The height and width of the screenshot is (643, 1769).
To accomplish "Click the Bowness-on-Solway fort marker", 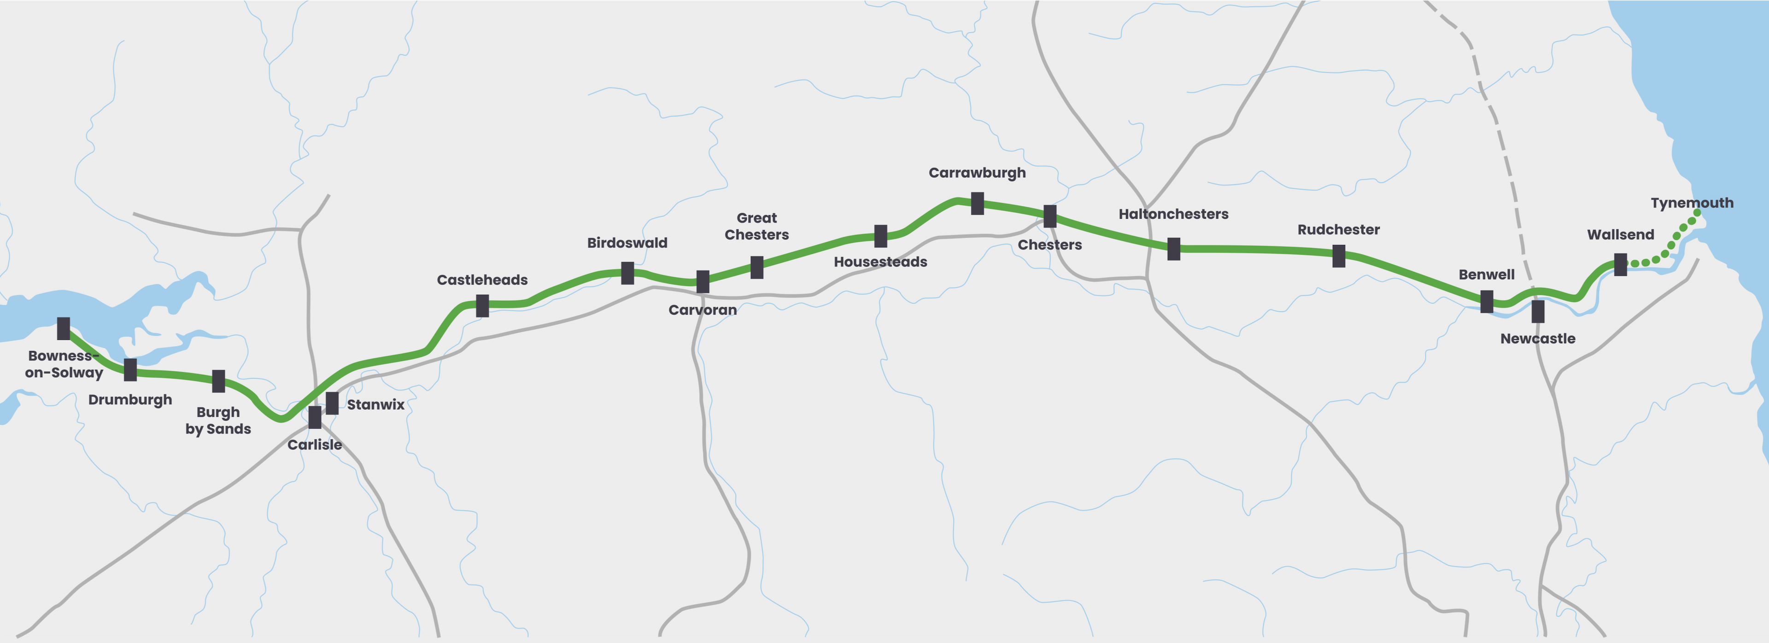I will [63, 328].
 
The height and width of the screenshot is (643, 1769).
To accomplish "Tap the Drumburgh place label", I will [130, 400].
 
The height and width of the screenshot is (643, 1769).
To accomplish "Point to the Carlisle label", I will [315, 444].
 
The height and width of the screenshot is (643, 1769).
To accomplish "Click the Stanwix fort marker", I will [332, 403].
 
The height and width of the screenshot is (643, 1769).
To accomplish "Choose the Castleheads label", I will [482, 280].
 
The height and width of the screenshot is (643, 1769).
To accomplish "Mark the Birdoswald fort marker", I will [627, 273].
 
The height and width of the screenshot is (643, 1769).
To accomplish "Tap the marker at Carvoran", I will [703, 281].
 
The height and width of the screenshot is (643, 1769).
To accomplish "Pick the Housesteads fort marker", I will [880, 236].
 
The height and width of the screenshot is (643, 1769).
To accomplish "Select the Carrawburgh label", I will [977, 172].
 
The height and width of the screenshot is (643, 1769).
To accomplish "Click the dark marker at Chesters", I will [1049, 216].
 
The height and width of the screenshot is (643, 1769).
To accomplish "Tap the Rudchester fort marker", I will [1338, 256].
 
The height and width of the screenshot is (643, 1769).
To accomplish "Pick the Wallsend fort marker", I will [1620, 264].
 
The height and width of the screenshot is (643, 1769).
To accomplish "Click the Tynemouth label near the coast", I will [1692, 203].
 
